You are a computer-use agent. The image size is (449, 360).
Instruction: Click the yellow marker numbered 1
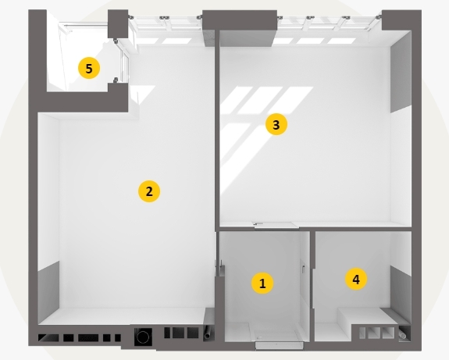point(262,283)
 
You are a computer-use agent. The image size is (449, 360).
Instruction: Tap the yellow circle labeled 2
point(149,191)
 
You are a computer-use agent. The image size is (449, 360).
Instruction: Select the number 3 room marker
point(276,125)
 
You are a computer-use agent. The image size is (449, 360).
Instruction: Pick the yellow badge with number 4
point(356,279)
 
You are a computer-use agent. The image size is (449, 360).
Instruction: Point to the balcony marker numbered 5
point(89,68)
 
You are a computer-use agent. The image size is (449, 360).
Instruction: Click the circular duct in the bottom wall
point(143,337)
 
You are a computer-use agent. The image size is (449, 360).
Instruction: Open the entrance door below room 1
point(280,345)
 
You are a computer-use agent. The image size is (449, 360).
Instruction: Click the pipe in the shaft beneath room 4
point(404,333)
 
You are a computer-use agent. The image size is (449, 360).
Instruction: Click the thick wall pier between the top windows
point(240,28)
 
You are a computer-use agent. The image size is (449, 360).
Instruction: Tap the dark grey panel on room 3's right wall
point(401,75)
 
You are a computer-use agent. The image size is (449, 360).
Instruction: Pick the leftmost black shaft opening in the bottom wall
point(48,337)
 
